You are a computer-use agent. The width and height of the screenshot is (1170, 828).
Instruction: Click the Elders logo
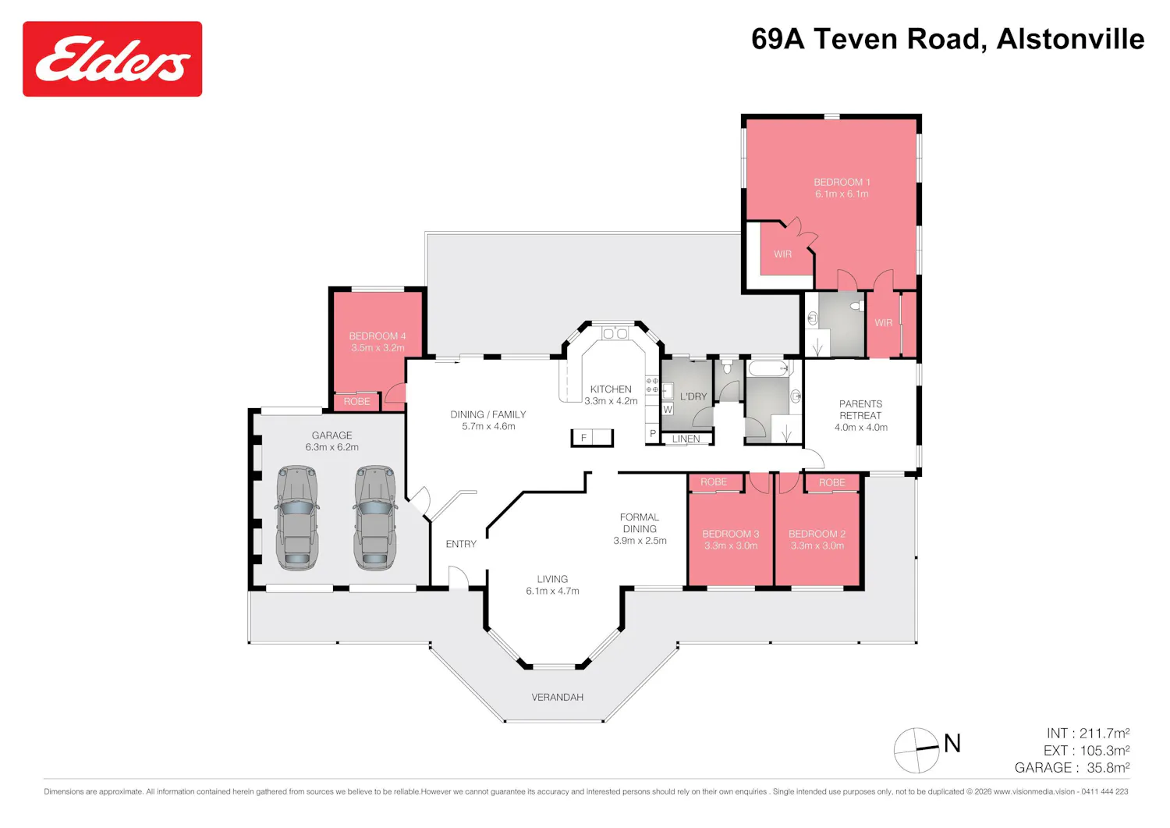(x=112, y=59)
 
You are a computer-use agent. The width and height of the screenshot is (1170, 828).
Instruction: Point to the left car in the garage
(x=297, y=517)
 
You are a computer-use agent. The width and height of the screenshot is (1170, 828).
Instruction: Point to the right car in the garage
(x=375, y=517)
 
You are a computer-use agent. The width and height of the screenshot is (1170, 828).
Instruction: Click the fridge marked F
(x=592, y=438)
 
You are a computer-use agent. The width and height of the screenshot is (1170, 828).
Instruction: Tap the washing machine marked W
(x=668, y=409)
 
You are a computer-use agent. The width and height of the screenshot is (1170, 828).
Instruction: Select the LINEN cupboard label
(x=686, y=439)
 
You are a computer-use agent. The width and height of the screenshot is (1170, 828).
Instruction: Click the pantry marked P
(x=652, y=433)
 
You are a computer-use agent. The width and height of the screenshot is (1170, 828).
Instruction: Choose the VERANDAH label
(x=558, y=697)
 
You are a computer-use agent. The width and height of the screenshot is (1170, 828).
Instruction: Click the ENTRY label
(x=461, y=544)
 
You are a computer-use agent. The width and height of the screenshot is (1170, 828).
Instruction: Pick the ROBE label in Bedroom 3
(x=714, y=482)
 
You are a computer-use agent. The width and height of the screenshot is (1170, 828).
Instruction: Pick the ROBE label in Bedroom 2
(x=831, y=482)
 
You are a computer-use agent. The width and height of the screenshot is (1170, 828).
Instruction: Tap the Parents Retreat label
(x=860, y=410)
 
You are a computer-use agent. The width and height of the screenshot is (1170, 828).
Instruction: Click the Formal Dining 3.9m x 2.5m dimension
(x=640, y=541)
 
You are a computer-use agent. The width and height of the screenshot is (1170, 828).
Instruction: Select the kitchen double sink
(x=615, y=333)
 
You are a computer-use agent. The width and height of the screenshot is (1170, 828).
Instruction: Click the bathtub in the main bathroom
(x=768, y=368)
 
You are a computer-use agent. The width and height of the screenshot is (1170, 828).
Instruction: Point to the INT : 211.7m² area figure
(x=1088, y=734)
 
